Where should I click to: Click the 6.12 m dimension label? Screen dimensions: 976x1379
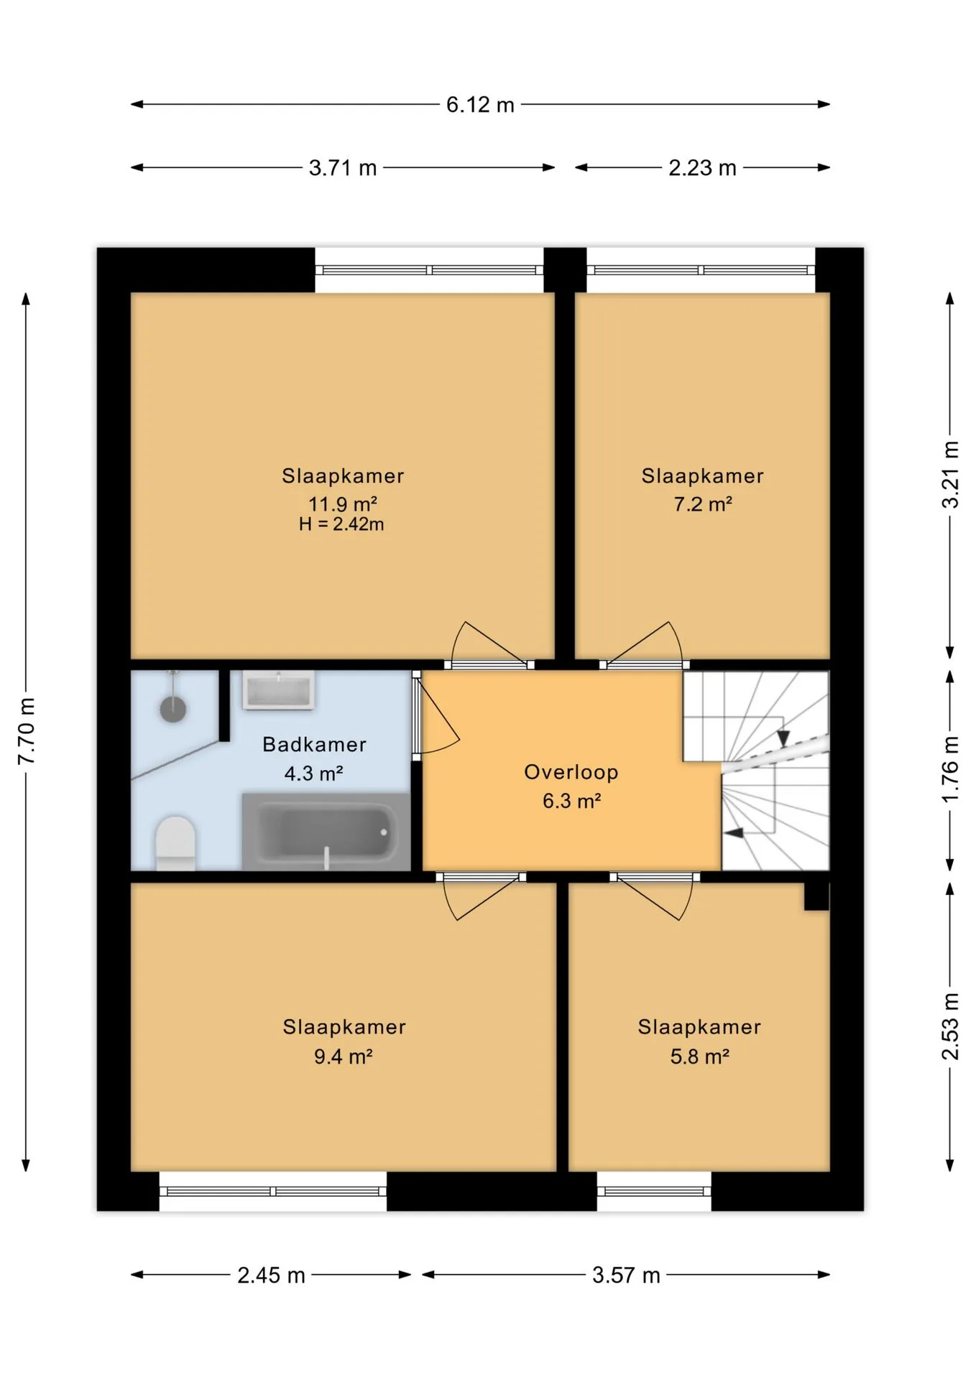[x=480, y=105]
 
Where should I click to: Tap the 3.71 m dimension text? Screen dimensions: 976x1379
[x=343, y=168]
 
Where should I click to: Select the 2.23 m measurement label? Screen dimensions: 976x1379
[x=702, y=168]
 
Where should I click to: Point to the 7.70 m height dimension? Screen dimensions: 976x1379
[x=27, y=731]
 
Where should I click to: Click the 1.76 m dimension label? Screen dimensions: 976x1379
[x=950, y=769]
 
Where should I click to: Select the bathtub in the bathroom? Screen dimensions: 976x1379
[x=326, y=831]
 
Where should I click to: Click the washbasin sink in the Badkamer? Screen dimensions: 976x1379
[x=278, y=690]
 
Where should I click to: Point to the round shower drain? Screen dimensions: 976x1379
[x=172, y=709]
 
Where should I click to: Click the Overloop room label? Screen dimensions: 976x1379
[x=571, y=772]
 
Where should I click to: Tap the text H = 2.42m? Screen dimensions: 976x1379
[x=341, y=524]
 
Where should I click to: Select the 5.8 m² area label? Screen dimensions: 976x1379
[x=700, y=1057]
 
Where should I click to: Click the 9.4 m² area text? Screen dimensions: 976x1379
[x=343, y=1057]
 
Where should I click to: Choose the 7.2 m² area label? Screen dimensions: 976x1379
[x=703, y=504]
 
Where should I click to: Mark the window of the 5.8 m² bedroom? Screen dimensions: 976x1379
[x=654, y=1192]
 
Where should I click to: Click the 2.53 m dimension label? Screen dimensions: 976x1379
[x=950, y=1026]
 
